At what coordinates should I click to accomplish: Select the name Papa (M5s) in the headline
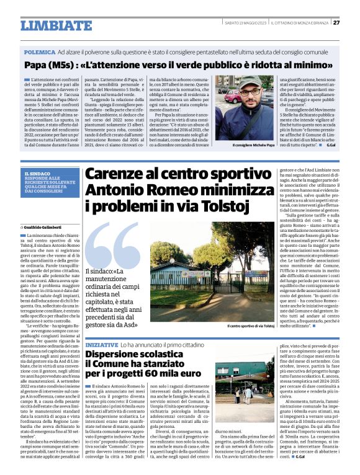tap(47, 65)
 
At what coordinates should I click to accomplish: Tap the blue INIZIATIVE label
tap(101, 344)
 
